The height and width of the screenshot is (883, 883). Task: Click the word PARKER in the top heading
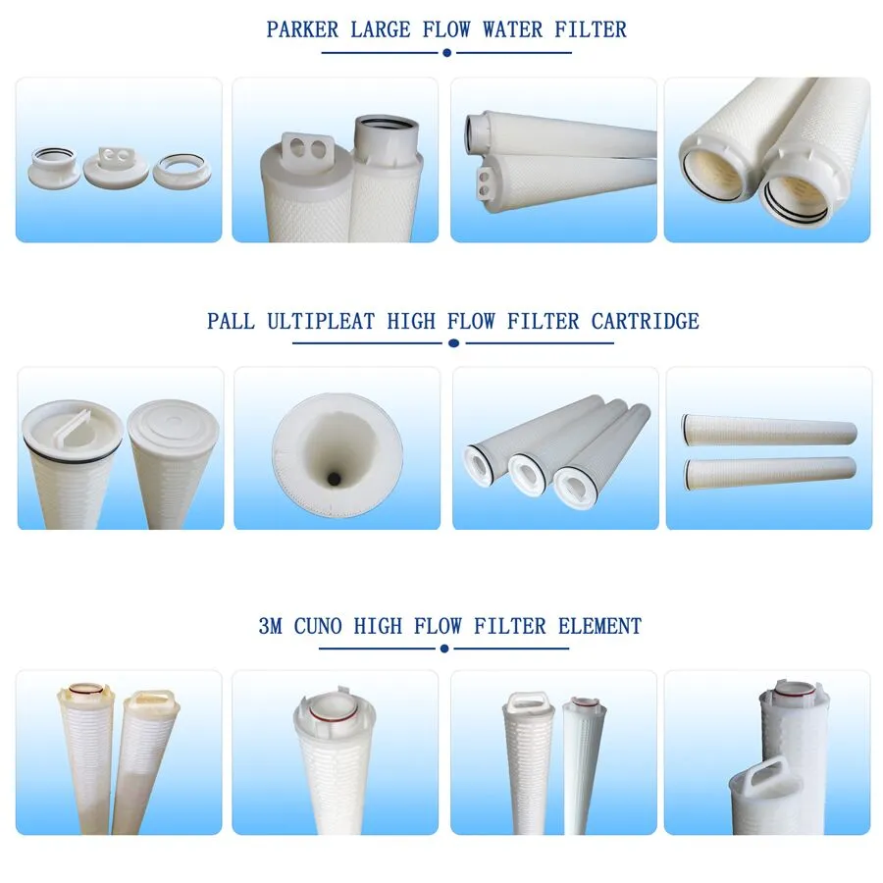pos(302,29)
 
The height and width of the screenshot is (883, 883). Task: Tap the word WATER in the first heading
pos(512,29)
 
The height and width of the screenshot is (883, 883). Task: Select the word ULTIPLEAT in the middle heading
pos(321,321)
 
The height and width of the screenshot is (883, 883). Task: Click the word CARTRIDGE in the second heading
pos(645,321)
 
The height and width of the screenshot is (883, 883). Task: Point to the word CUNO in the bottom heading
pos(318,626)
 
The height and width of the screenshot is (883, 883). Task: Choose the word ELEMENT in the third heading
pos(599,626)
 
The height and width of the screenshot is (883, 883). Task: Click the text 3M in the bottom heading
pos(271,626)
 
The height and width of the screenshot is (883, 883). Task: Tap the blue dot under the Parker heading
pos(447,53)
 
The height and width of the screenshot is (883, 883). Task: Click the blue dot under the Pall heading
pos(453,343)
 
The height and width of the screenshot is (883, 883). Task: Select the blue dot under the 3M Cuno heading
pos(444,649)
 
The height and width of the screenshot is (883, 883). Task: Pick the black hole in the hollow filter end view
pos(334,479)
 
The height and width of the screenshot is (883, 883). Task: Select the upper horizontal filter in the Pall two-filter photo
pos(769,431)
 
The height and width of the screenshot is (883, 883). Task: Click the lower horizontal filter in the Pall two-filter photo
pos(769,473)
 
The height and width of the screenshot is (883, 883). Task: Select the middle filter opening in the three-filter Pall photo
pos(528,474)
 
